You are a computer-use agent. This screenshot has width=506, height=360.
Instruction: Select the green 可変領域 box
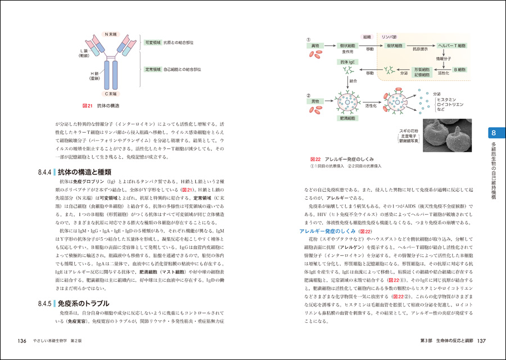point(153,42)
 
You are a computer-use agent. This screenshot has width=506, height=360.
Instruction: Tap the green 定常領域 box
point(153,69)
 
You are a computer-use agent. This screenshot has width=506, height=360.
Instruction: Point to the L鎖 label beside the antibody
point(83,53)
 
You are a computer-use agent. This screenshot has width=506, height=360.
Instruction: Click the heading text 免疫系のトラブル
point(83,303)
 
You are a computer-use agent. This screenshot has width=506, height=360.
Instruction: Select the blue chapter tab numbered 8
point(493,133)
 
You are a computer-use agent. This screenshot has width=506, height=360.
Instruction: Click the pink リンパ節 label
point(389,36)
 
